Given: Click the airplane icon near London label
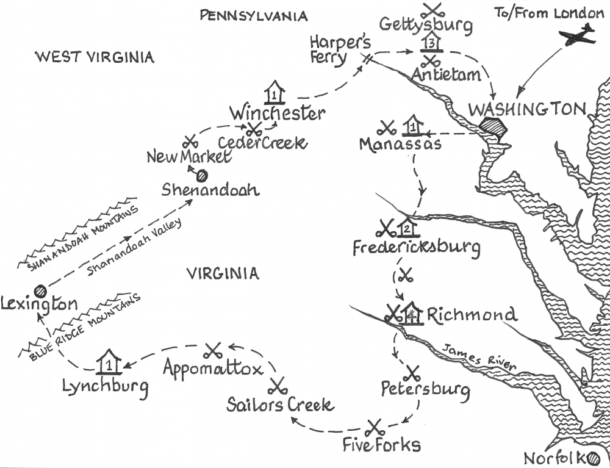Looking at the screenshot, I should point(576,35).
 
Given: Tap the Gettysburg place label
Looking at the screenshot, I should point(426,25).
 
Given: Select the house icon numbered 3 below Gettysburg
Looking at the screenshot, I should point(431,42).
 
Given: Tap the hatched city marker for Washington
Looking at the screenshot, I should point(493,129).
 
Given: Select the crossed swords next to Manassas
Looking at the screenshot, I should point(387,128).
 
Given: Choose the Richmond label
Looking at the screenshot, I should point(472,315).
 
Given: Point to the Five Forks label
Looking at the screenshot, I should point(381,444).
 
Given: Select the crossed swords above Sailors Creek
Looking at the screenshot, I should point(278,386).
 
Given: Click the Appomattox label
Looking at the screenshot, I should point(213,369).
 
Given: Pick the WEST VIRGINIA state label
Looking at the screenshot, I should point(95,57).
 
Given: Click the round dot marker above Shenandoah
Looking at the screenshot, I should point(201,175).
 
